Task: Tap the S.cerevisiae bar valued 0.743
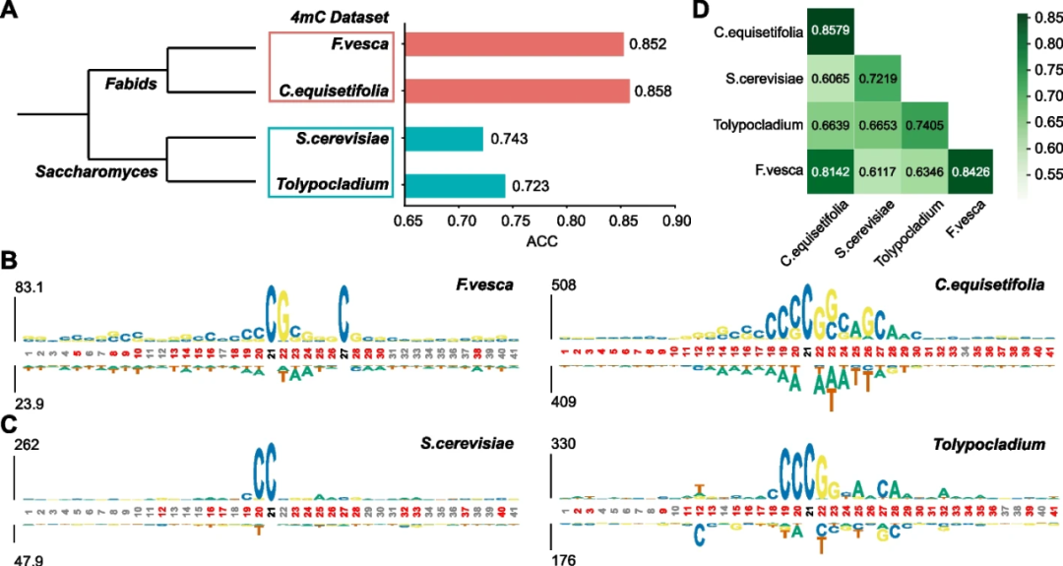coord(444,139)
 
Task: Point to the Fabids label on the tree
coord(131,84)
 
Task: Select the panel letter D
coord(700,11)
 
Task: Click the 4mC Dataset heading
coord(335,16)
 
